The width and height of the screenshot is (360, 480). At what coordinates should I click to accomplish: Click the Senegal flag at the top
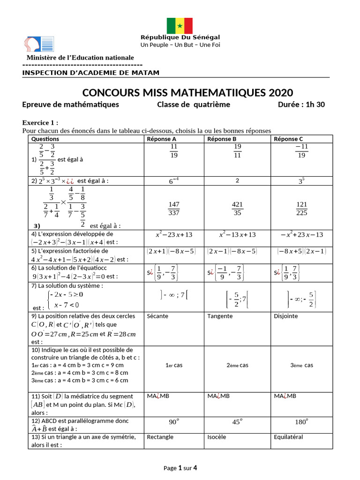click(x=180, y=26)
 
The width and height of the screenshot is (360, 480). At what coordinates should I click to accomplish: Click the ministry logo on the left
click(x=39, y=44)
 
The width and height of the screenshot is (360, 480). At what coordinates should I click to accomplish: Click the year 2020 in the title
click(x=275, y=92)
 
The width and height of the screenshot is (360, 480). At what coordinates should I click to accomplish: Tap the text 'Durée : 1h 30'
click(x=301, y=105)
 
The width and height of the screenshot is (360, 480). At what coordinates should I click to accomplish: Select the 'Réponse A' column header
click(x=162, y=139)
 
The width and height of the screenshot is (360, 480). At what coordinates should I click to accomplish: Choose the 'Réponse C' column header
click(x=288, y=139)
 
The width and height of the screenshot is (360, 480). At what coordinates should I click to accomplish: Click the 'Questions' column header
click(x=45, y=139)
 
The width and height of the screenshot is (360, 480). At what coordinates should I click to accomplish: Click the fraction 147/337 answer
click(x=174, y=209)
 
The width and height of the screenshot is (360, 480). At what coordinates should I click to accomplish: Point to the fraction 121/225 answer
click(x=302, y=209)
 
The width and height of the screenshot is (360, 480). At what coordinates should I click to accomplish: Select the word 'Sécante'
click(x=157, y=316)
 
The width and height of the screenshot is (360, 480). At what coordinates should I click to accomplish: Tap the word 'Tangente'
click(x=220, y=316)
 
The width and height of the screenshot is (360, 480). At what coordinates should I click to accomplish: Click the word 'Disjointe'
click(x=285, y=316)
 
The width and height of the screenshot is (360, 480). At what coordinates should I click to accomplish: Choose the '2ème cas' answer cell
click(x=237, y=365)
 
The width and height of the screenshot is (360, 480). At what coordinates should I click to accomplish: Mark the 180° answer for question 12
click(x=300, y=422)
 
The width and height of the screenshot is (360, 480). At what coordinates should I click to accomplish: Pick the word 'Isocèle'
click(x=217, y=437)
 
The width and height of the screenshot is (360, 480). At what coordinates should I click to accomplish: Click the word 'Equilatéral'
click(x=288, y=437)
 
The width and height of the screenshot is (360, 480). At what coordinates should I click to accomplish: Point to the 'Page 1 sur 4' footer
click(x=180, y=468)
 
